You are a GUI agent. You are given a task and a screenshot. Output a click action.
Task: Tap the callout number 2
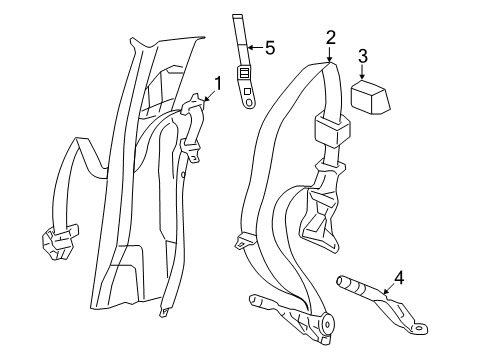pyautogui.click(x=330, y=38)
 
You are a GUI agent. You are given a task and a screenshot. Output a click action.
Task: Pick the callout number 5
pyautogui.click(x=268, y=46)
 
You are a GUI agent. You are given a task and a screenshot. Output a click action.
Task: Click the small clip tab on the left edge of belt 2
pyautogui.click(x=243, y=241)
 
